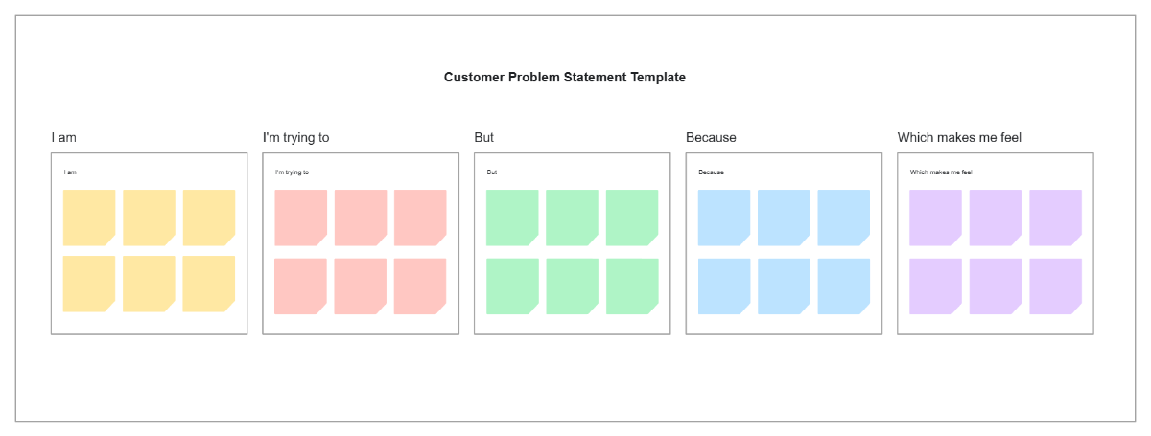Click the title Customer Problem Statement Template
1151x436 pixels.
click(564, 78)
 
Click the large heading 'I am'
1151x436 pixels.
click(63, 138)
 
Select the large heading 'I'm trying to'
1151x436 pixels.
click(295, 138)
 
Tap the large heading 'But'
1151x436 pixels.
click(483, 138)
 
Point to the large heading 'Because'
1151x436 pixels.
click(711, 138)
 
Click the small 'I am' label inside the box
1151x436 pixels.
click(70, 172)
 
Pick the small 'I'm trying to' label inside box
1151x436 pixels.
click(292, 172)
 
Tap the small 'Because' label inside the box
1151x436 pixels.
click(711, 172)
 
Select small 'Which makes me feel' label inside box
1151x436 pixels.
click(941, 172)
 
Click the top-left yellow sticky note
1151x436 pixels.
click(89, 217)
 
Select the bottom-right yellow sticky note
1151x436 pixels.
click(208, 284)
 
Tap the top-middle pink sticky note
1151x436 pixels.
click(361, 217)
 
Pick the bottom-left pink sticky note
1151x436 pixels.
click(300, 286)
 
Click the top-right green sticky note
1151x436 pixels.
click(632, 217)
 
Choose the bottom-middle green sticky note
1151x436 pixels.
click(572, 286)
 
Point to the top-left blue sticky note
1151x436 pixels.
click(724, 217)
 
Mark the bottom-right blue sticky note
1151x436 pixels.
click(843, 286)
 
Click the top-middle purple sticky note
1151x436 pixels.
click(996, 217)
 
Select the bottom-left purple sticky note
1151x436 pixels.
click(935, 286)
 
